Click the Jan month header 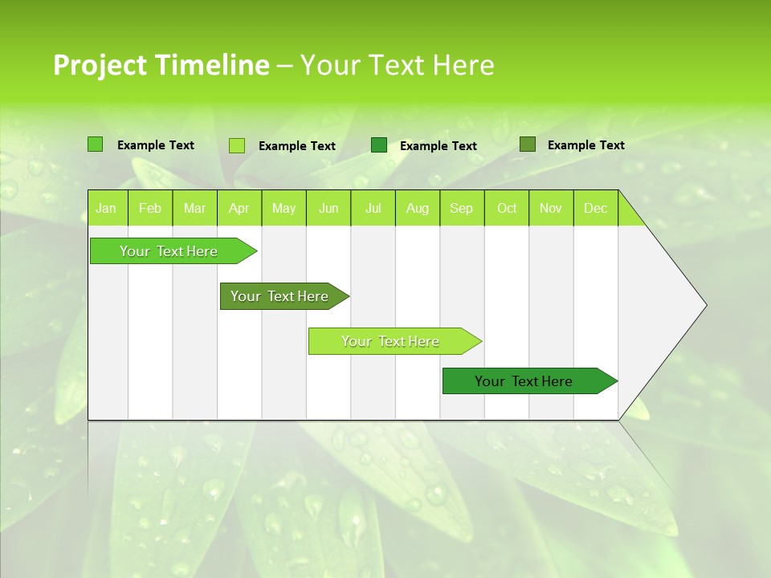click(x=106, y=209)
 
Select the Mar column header click(x=194, y=209)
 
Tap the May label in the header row click(x=284, y=209)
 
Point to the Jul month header click(x=373, y=209)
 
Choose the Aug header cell click(x=418, y=209)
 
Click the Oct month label click(x=507, y=209)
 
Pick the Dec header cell click(x=595, y=209)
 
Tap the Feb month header click(x=150, y=209)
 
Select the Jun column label click(x=328, y=209)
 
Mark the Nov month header click(x=551, y=209)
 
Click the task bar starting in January click(x=169, y=251)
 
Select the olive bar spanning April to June click(x=280, y=296)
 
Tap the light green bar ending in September click(x=391, y=341)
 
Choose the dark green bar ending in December click(x=524, y=381)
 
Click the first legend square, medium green click(x=95, y=144)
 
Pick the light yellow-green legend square click(x=237, y=145)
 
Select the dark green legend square click(x=379, y=145)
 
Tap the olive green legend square click(x=527, y=144)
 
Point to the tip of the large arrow click(x=705, y=305)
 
